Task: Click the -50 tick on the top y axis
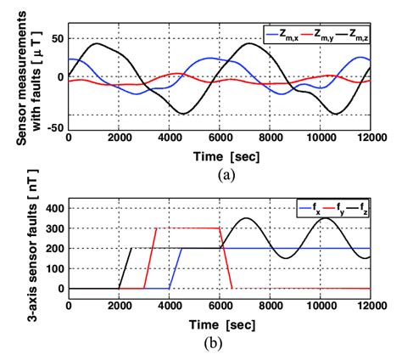54,128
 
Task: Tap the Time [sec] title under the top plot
226,156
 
